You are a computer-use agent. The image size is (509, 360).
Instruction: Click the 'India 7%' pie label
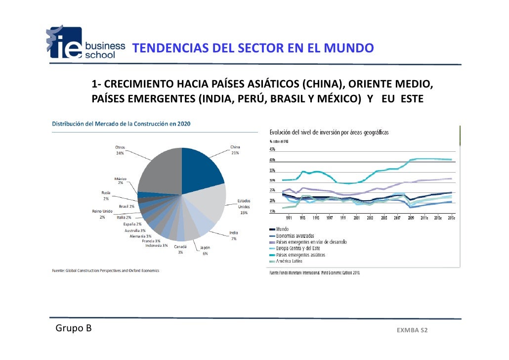click(234, 236)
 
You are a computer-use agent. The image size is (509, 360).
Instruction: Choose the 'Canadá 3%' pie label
click(180, 249)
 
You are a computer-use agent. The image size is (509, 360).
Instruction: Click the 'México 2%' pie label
click(121, 180)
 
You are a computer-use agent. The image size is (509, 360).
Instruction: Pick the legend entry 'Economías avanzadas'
click(296, 236)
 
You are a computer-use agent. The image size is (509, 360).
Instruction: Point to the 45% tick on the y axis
click(272, 149)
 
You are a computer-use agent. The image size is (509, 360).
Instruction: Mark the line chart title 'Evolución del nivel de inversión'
click(329, 133)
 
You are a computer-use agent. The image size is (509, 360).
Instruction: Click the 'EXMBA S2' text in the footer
click(412, 330)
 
